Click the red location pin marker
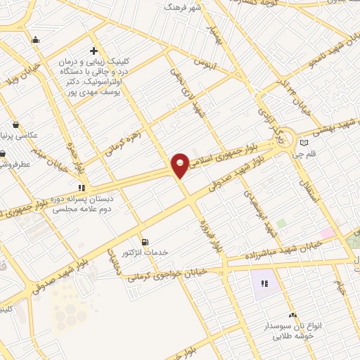point(181,165)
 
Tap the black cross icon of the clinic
point(94,51)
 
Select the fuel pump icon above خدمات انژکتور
point(146,241)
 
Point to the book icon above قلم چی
point(304,143)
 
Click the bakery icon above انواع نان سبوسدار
point(292,316)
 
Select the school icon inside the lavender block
point(265,284)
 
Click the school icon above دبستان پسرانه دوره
point(82,188)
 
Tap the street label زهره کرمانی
point(123,140)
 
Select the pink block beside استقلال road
point(328,232)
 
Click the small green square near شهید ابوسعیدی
point(281,224)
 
